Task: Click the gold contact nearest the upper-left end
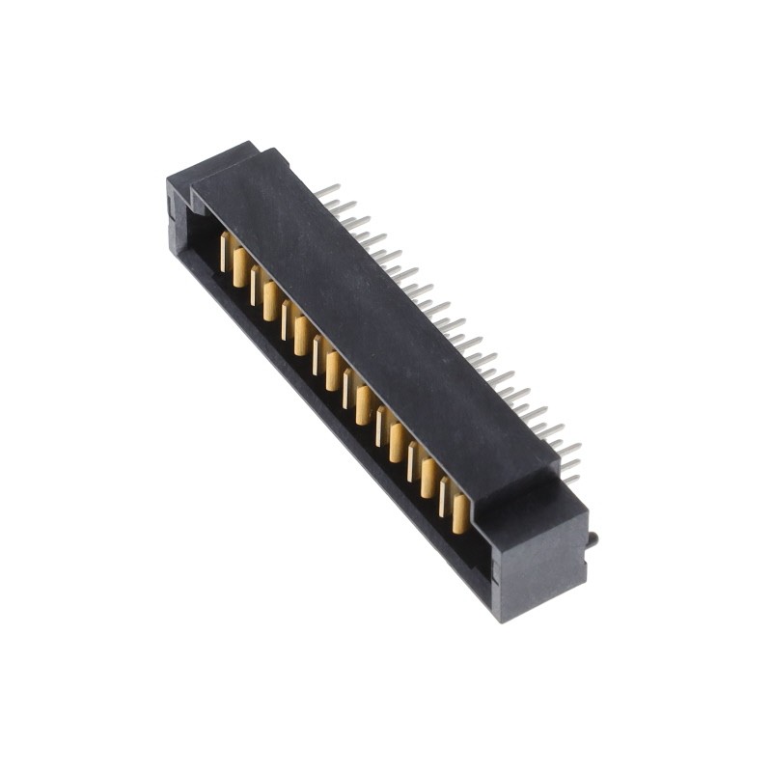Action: [225, 252]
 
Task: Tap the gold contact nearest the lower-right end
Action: [460, 513]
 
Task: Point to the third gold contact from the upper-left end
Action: [255, 286]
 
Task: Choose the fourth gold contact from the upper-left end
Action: [270, 301]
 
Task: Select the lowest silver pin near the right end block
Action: [571, 478]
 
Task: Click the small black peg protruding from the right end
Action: [592, 538]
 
